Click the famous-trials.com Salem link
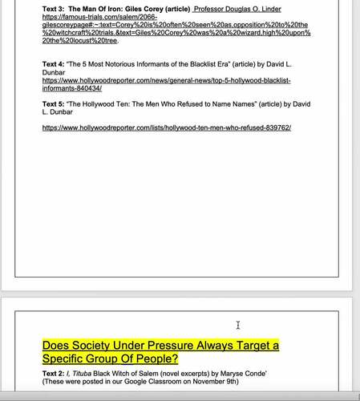click(176, 32)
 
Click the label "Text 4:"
click(55, 63)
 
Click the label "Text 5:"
click(55, 104)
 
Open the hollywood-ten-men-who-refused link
click(167, 128)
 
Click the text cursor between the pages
click(237, 325)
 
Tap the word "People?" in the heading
click(155, 358)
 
